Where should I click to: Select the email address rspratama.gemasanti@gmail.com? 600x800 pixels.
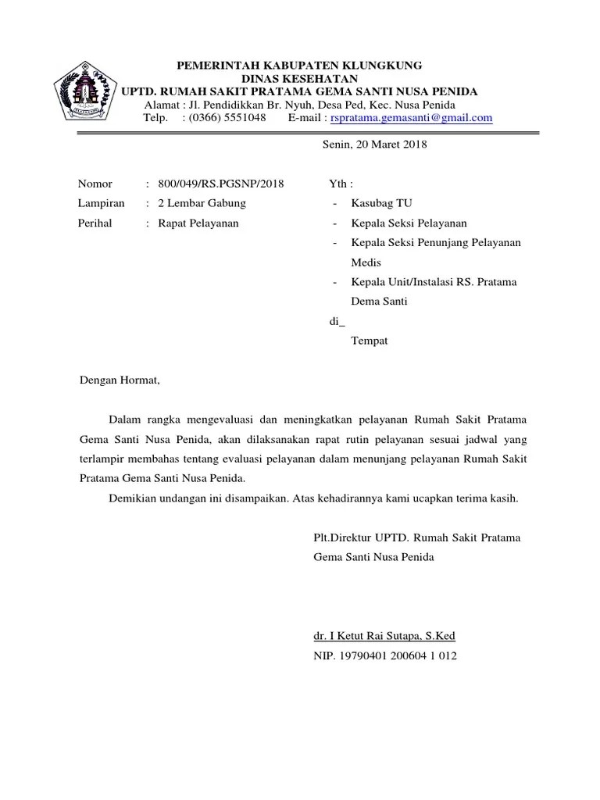(412, 118)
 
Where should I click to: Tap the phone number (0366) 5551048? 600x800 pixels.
(223, 118)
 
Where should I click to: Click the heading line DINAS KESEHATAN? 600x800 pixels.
(299, 78)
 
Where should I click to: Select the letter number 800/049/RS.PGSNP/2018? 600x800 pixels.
(221, 184)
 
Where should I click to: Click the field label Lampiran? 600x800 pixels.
(102, 203)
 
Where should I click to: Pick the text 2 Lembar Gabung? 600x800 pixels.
(202, 203)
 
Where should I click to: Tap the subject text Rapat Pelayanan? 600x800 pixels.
(198, 223)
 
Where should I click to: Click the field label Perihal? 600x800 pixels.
(95, 223)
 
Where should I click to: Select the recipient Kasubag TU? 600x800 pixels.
(382, 203)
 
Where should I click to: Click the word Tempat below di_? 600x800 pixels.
(370, 341)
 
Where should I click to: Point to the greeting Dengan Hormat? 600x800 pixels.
(120, 380)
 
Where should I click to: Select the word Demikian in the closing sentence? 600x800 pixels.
(134, 498)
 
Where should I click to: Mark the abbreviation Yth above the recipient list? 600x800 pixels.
(338, 184)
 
